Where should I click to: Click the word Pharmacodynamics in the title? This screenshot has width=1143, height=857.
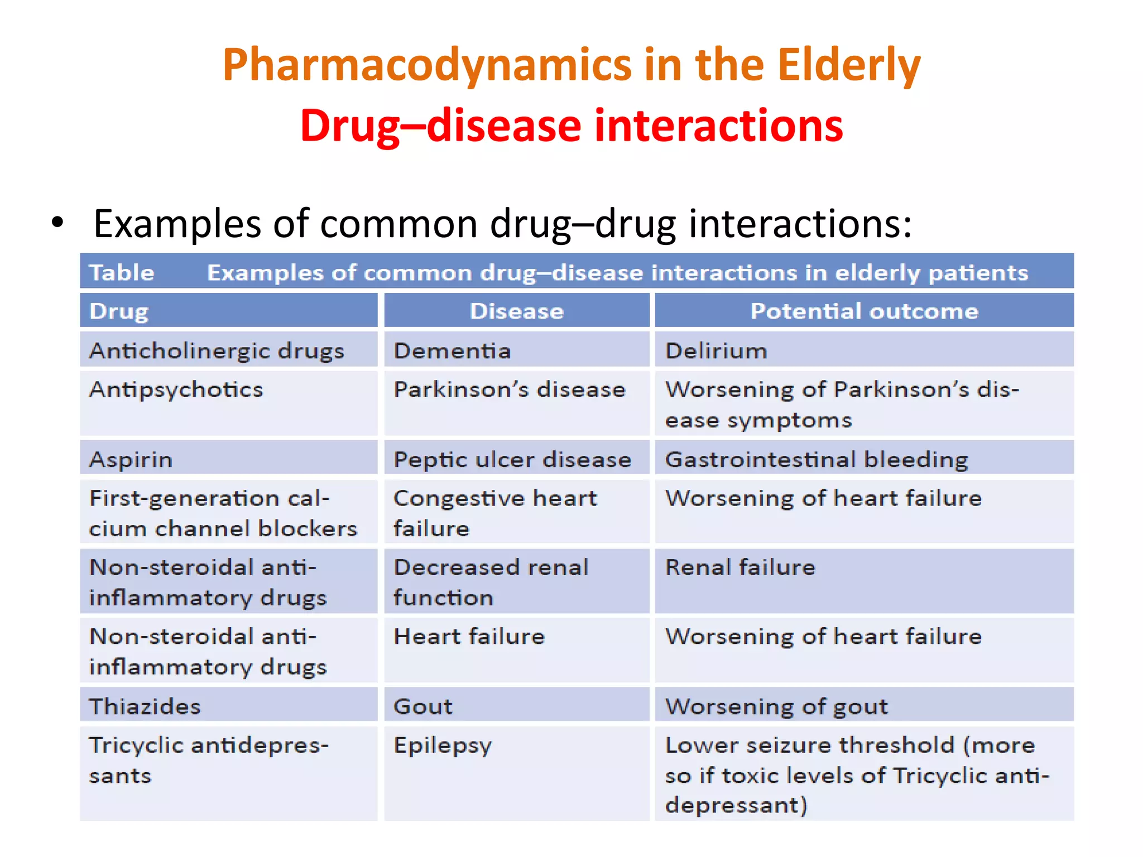coord(428,65)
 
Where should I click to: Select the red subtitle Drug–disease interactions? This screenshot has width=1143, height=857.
coord(571,126)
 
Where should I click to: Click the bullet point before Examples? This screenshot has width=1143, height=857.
coord(57,223)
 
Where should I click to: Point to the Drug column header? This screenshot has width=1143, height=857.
coord(119,311)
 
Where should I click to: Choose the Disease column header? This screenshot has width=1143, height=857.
coord(516,311)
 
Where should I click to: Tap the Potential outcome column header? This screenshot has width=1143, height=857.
coord(864,311)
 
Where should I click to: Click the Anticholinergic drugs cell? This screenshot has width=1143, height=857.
coord(217,351)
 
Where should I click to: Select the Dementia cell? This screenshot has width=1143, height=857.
coord(452,351)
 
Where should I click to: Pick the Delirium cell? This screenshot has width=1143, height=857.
coord(716,351)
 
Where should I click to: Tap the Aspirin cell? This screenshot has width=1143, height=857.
coord(131,460)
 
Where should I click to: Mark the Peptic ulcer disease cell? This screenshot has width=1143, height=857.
coord(512,460)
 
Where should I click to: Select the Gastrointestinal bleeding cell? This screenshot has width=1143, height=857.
coord(817,460)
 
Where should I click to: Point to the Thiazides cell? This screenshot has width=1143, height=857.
coord(145,706)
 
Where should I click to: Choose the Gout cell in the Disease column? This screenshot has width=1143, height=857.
coord(423,706)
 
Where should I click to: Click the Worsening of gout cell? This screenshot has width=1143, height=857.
coord(776,706)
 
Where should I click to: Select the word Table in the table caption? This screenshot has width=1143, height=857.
coord(122,273)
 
